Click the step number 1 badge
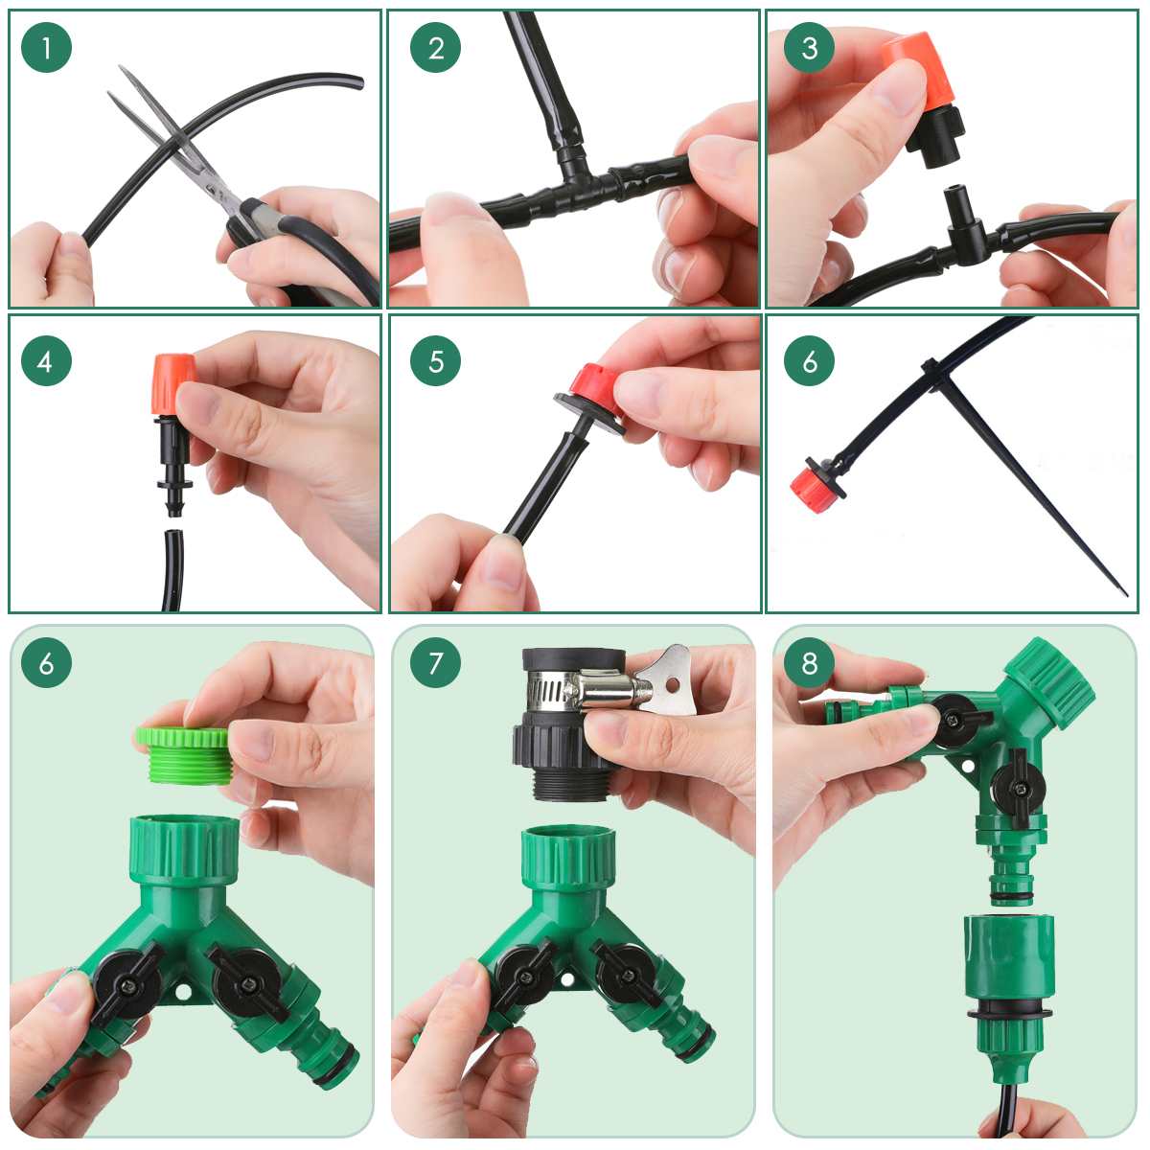pos(46,47)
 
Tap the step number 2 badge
pos(436,47)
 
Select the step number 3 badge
pos(809,47)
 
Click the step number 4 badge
pos(46,361)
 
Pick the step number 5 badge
pos(436,361)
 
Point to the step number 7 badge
pos(436,662)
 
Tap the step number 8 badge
pos(809,662)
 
